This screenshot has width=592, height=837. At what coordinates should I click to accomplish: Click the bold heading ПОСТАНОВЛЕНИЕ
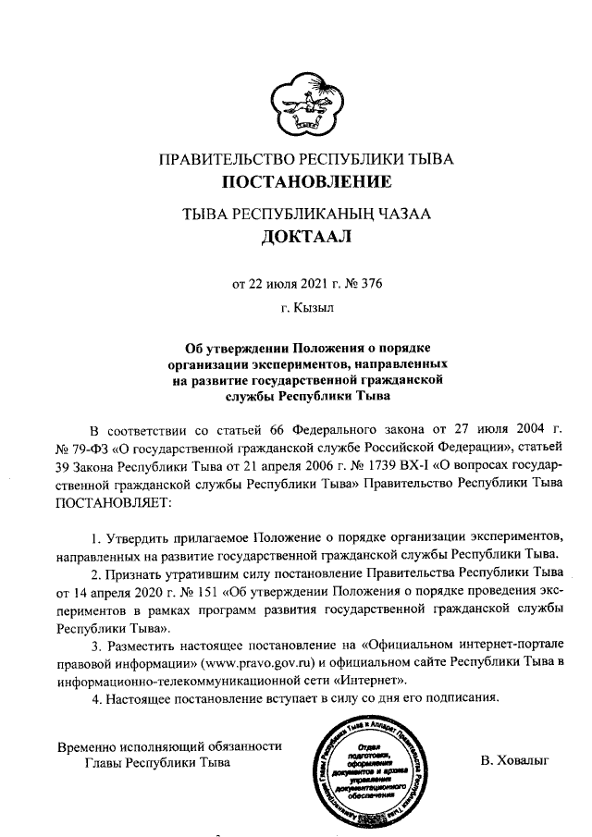tap(306, 179)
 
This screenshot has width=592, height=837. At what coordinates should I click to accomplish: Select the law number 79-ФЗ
tap(88, 450)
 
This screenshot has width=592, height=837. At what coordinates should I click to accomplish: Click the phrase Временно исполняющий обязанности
tap(169, 746)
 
